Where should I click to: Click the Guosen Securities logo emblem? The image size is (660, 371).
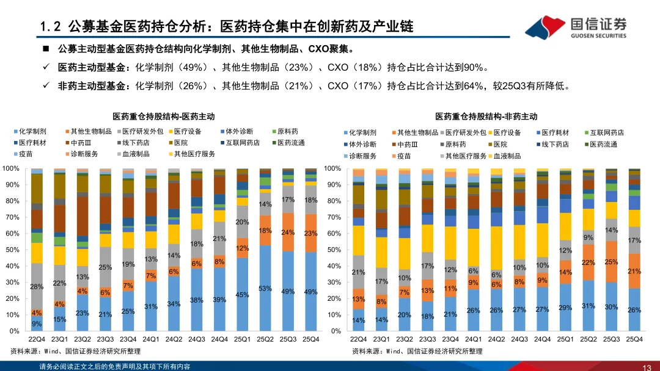pos(545,26)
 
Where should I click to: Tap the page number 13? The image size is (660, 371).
pos(647,367)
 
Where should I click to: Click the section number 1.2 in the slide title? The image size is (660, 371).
pos(49,27)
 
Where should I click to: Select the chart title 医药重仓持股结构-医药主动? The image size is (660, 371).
pos(163,116)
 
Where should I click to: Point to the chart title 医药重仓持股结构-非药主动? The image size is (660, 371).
pos(486,116)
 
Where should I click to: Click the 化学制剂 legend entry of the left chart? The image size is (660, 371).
pos(31,131)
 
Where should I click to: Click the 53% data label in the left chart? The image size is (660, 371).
pos(265,289)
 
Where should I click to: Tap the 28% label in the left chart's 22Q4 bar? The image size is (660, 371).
pos(37,287)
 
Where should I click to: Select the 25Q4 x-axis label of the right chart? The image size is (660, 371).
pos(634,339)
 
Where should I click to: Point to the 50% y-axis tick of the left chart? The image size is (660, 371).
pos(12,250)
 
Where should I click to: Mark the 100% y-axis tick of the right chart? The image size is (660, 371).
pos(332,168)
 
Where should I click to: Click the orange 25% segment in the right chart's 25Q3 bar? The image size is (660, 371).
pos(611,262)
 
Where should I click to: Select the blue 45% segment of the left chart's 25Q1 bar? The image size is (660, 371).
pos(243,295)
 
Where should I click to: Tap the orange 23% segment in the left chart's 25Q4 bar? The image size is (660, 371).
pos(310,233)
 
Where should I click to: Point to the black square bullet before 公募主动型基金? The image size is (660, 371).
pos(45,49)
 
